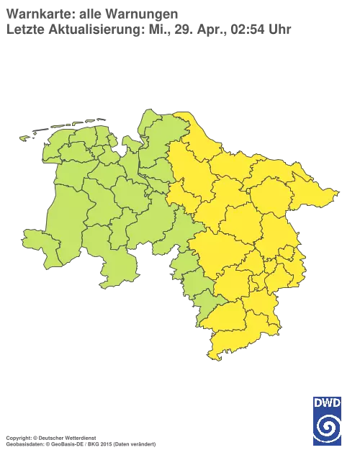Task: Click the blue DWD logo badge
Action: (x=327, y=416)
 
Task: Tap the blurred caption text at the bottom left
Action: (x=79, y=437)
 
